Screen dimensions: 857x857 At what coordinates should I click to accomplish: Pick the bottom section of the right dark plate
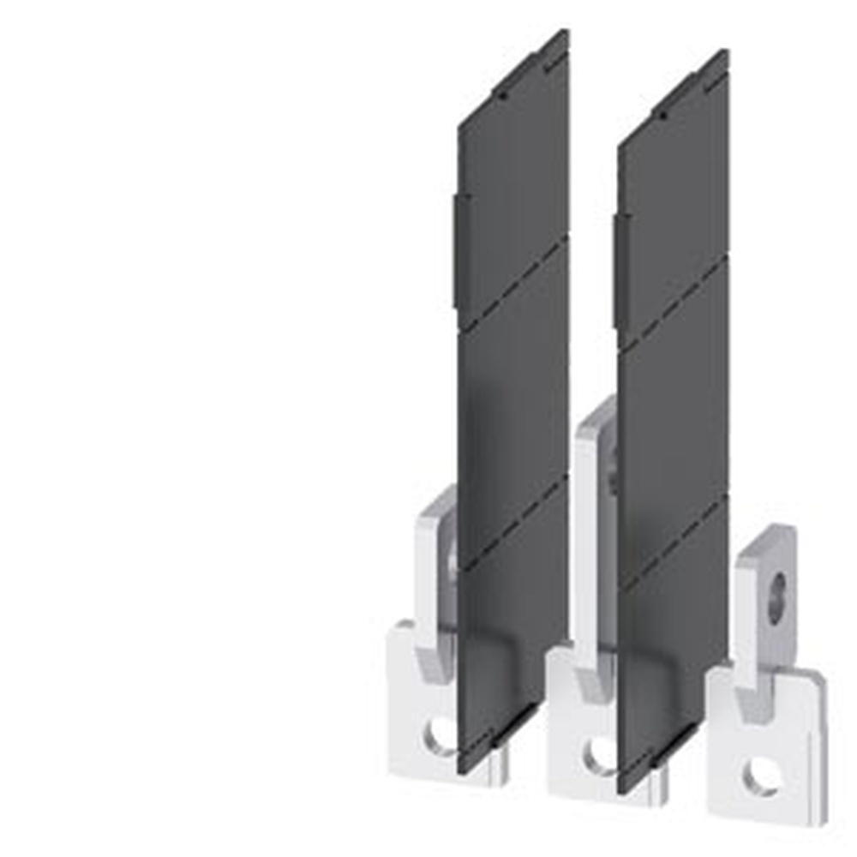[674, 651]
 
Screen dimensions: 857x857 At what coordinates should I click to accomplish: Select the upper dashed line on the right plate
[674, 304]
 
